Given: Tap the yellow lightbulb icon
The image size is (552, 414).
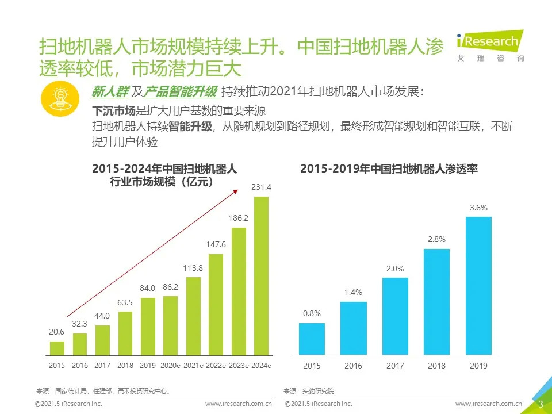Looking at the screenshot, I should (x=59, y=99).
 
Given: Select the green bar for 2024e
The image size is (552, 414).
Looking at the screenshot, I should (x=262, y=276).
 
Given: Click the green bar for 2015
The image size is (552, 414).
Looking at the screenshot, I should (x=57, y=348).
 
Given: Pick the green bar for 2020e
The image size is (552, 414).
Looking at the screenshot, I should (x=171, y=325).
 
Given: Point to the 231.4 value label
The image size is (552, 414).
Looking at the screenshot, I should (x=262, y=187).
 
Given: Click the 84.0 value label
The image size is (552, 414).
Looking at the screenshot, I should (x=148, y=288).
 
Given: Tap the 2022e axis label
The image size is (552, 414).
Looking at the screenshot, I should (x=216, y=366).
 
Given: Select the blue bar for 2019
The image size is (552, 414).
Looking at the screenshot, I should (x=478, y=286).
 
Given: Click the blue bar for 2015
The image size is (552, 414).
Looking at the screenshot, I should (x=312, y=339).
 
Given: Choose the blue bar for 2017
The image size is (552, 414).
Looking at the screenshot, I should (x=395, y=316).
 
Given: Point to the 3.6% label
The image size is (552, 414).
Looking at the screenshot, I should (x=478, y=208).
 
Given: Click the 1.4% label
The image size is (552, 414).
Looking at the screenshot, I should (x=353, y=293).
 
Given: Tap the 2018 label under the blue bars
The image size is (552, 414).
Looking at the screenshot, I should (x=437, y=366).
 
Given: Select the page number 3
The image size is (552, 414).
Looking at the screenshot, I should (x=540, y=404).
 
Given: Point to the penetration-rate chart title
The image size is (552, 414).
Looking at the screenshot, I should (x=389, y=169).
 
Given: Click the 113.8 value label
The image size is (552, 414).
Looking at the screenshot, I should (x=193, y=268).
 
